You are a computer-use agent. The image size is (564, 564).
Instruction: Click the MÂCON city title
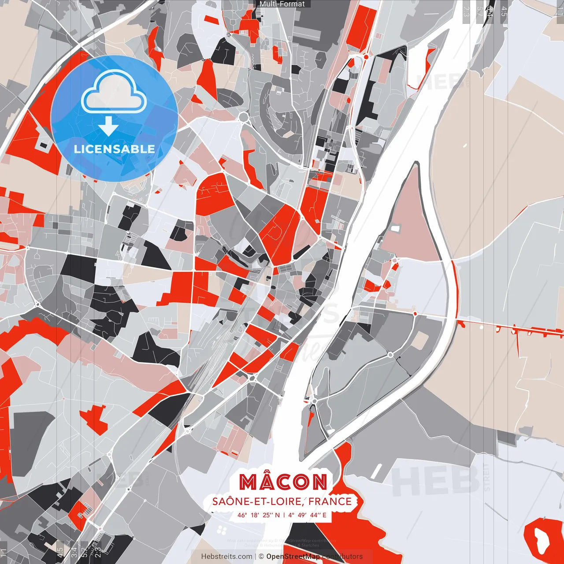[x=283, y=482]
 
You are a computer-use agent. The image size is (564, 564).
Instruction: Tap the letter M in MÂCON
[x=249, y=482]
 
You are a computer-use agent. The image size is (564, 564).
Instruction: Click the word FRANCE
[x=330, y=501]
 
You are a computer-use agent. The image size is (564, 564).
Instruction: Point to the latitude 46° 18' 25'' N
[x=259, y=515]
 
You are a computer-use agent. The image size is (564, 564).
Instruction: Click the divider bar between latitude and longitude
[x=284, y=515]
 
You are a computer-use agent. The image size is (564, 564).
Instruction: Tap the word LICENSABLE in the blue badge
[x=115, y=149]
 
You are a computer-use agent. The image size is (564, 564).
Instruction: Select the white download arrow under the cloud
[x=108, y=126]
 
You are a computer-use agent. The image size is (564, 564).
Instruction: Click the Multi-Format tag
[x=282, y=4]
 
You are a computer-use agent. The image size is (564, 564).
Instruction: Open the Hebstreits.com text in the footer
[x=227, y=557]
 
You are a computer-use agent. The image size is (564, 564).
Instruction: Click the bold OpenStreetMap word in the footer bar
[x=293, y=557]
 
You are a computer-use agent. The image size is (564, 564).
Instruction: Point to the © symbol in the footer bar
[x=261, y=557]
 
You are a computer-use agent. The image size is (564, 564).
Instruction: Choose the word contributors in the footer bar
[x=342, y=557]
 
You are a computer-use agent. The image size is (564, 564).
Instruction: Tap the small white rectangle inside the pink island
[x=395, y=229]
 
